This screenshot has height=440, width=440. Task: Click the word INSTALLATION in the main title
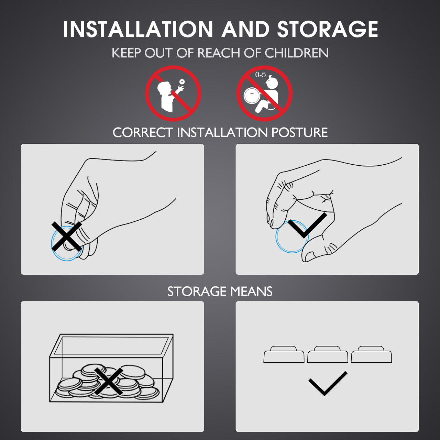tap(138, 29)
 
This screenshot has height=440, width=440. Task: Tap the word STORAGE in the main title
tap(328, 29)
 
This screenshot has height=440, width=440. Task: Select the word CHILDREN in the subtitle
tap(296, 53)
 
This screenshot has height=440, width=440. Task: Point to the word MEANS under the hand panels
tap(251, 291)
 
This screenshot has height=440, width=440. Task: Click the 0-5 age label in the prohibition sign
tap(260, 75)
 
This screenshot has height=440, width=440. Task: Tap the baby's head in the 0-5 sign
tap(273, 82)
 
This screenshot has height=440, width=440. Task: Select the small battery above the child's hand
tap(182, 81)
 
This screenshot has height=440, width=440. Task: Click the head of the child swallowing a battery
tap(164, 89)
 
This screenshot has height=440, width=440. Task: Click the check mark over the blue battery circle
tap(307, 225)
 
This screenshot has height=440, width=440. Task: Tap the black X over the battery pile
tap(108, 381)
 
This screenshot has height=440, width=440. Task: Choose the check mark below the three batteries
tap(328, 384)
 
